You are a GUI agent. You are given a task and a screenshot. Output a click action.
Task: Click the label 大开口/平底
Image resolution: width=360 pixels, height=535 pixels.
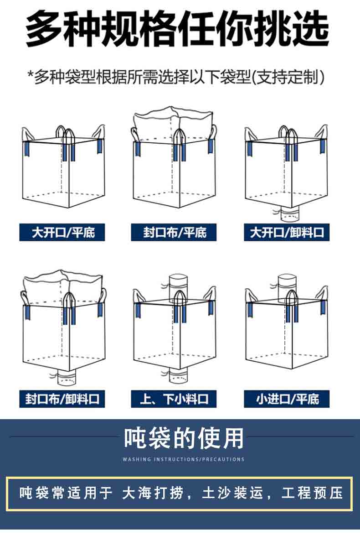click(62, 232)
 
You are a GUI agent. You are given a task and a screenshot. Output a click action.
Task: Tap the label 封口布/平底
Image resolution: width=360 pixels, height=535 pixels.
click(174, 232)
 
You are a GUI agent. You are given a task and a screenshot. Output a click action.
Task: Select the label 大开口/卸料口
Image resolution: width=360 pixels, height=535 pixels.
click(287, 232)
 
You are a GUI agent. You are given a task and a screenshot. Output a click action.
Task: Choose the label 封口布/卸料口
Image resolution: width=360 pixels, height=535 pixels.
click(62, 399)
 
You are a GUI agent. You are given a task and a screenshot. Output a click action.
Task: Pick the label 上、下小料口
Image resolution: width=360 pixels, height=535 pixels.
click(174, 399)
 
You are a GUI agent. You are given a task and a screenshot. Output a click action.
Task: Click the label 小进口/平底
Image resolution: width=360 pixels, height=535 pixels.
click(287, 399)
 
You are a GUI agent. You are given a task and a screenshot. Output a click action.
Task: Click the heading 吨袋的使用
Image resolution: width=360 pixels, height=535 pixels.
click(184, 438)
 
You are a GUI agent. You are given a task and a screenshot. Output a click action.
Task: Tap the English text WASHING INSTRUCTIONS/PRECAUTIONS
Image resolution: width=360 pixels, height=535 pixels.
click(184, 459)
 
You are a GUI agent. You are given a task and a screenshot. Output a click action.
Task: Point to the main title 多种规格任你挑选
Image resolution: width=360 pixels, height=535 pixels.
click(177, 29)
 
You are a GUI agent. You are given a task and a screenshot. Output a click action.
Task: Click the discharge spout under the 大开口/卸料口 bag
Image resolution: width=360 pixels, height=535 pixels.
click(289, 214)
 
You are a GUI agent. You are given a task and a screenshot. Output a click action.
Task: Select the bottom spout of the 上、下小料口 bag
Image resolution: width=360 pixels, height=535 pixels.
click(178, 374)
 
